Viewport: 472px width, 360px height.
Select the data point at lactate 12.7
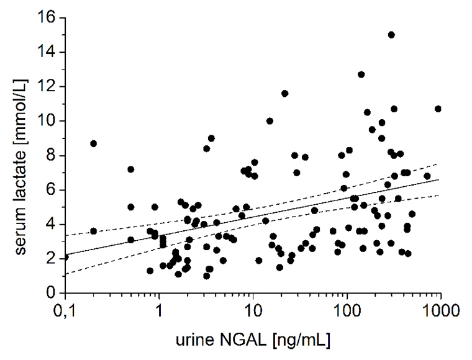[361, 74]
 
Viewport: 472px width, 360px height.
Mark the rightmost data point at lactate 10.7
[438, 109]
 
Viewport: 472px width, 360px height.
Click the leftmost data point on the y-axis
[65, 256]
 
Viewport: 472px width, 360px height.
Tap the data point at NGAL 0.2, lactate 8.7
[94, 143]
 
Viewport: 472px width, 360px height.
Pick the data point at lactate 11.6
[284, 93]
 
